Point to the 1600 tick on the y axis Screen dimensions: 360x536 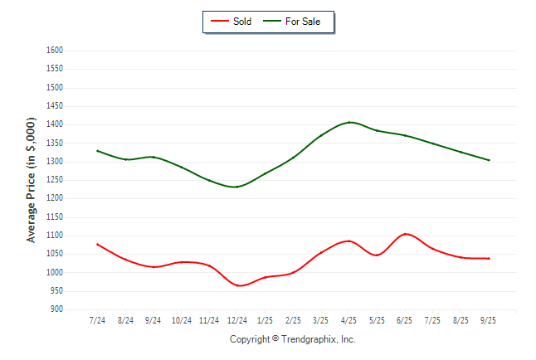[54, 51]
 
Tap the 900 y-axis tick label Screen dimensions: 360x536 [56, 309]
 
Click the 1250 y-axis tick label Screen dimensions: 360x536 [54, 180]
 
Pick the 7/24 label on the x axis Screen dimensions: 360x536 [98, 319]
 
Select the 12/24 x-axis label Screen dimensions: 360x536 [237, 319]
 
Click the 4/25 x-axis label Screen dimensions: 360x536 [349, 319]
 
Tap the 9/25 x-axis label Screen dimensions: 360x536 [489, 319]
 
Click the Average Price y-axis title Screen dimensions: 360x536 [32, 179]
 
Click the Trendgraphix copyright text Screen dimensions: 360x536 [292, 339]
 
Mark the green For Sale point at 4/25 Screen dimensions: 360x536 [349, 122]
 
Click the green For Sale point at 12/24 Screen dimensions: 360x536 [237, 187]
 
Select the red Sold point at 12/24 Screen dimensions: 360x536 [237, 285]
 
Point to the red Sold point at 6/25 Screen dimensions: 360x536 [405, 234]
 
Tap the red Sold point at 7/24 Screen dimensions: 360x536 [98, 245]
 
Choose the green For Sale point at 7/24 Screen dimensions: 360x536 [98, 151]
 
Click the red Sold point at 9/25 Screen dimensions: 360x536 [489, 258]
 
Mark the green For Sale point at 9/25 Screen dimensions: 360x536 [489, 160]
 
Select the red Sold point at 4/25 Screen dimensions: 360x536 [349, 241]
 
